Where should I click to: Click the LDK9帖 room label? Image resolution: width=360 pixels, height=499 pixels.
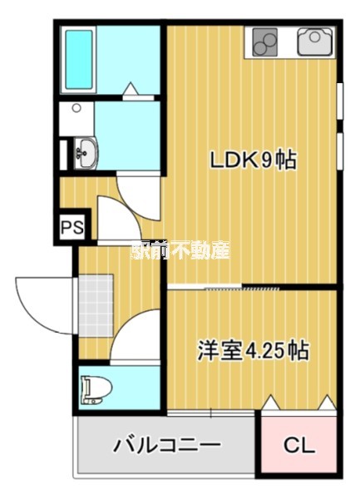point(253,160)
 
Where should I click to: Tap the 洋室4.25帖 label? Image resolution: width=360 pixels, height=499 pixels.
point(253,350)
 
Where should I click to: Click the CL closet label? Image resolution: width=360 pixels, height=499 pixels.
point(299,445)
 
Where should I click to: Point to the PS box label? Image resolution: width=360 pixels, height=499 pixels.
point(72,227)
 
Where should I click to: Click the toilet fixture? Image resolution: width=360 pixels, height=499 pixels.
point(96,389)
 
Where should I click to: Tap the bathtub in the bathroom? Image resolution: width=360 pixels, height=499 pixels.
point(79,60)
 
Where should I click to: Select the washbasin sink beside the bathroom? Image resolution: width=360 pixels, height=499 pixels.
point(86,153)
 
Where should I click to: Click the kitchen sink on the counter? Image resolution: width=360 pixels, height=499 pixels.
point(315,42)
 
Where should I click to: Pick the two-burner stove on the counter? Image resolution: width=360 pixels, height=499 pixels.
point(264,42)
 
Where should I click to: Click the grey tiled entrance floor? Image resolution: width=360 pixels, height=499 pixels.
point(96,305)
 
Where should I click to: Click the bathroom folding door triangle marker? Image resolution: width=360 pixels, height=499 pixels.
point(131,88)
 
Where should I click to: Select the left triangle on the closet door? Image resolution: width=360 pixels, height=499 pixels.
point(271,402)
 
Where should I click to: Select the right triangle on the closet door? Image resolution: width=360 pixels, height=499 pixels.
point(328,402)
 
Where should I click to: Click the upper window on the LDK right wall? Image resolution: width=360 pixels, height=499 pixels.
point(340,101)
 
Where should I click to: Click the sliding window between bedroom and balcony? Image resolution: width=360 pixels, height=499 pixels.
point(211,413)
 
